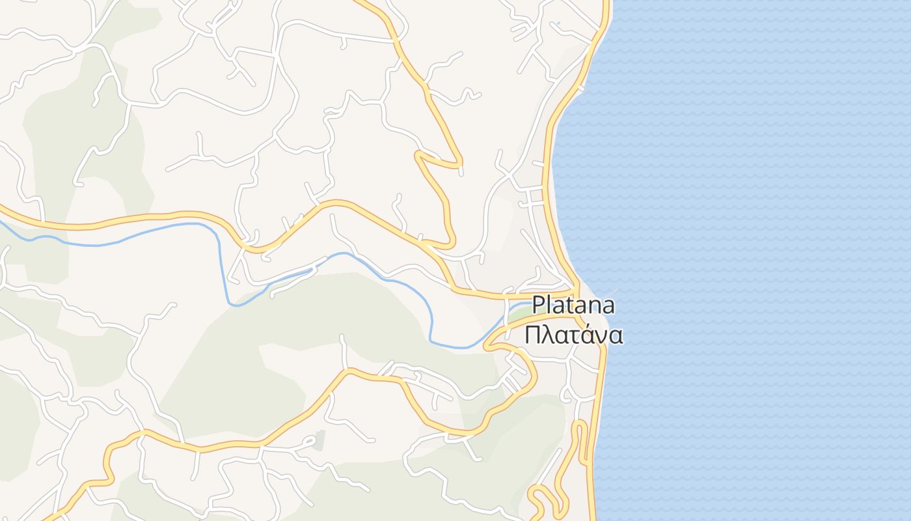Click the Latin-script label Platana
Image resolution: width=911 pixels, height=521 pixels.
[x=573, y=305]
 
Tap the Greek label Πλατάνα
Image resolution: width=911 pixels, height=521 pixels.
[x=573, y=335]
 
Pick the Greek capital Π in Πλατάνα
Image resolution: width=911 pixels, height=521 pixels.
[x=533, y=335]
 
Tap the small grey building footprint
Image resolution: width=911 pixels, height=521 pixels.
[x=319, y=440]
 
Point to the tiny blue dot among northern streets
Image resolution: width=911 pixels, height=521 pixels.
[x=558, y=23]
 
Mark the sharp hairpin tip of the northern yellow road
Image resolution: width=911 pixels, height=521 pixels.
[x=417, y=155]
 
